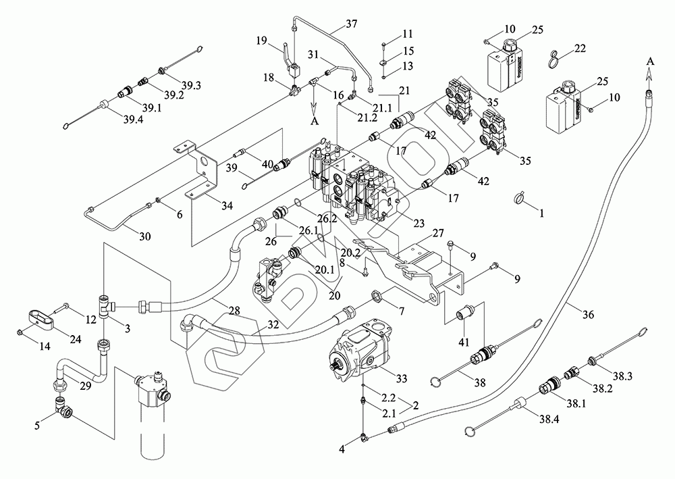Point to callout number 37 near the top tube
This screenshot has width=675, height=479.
pos(351,24)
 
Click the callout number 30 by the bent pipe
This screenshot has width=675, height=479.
pos(144,236)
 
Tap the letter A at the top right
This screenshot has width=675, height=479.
pos(649,61)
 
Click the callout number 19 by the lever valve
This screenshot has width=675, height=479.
pos(261,41)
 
